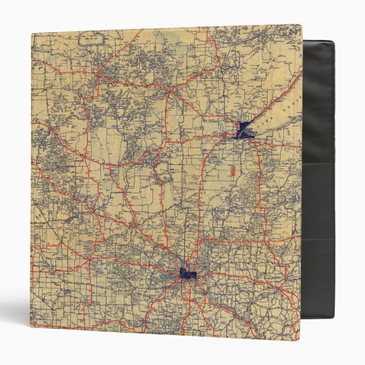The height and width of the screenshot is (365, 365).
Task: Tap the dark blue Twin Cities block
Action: click(188, 274)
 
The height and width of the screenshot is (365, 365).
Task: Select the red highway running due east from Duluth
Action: click(278, 145)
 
